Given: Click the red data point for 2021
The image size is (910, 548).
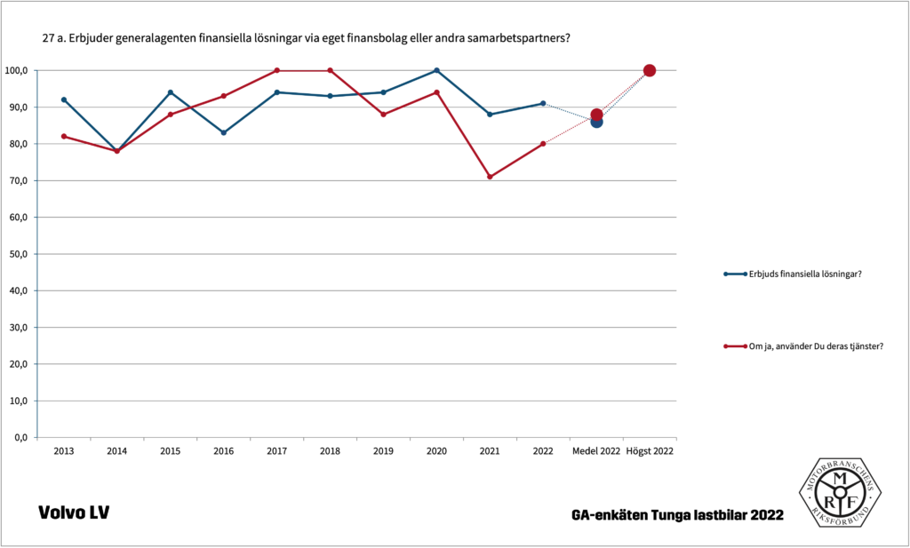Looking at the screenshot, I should (490, 177).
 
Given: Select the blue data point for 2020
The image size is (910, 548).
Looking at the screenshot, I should (436, 70).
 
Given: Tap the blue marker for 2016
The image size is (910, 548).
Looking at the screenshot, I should (223, 132).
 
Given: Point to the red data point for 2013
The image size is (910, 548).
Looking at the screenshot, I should (64, 136).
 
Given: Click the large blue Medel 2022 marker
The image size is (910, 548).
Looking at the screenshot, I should (596, 122).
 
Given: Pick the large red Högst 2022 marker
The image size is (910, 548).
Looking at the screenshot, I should (650, 70).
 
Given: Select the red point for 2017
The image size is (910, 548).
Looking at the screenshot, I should (276, 70).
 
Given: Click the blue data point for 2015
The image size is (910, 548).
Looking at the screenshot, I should (170, 92).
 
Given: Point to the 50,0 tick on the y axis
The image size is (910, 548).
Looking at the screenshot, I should (18, 254).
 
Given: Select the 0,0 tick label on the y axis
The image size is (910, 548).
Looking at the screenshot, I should (20, 438).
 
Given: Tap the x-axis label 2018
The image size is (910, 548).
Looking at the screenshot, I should (330, 451).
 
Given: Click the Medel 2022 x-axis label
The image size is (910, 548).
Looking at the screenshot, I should (595, 451).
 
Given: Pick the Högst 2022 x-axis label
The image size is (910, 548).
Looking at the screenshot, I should (650, 451).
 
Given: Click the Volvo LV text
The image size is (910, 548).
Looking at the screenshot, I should (74, 512).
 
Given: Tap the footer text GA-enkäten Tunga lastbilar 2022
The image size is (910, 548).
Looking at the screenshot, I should (678, 515).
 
